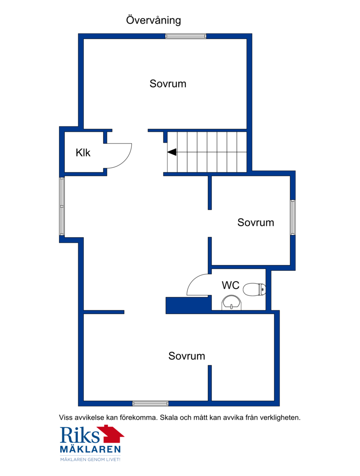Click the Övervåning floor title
(x=153, y=20)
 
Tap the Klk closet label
(x=83, y=153)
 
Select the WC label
(x=230, y=285)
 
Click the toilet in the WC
(x=254, y=289)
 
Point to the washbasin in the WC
(x=232, y=303)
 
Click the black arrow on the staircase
(x=172, y=152)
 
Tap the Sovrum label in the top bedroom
(x=168, y=84)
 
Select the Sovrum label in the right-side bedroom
(x=256, y=223)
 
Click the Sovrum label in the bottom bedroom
(x=187, y=356)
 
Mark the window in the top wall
(x=186, y=36)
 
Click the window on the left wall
(x=62, y=207)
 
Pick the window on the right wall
(x=292, y=217)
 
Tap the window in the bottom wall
(x=150, y=404)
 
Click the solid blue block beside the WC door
(x=188, y=305)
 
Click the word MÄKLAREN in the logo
(x=90, y=449)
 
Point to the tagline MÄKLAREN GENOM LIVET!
(x=90, y=460)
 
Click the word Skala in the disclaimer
(x=169, y=418)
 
